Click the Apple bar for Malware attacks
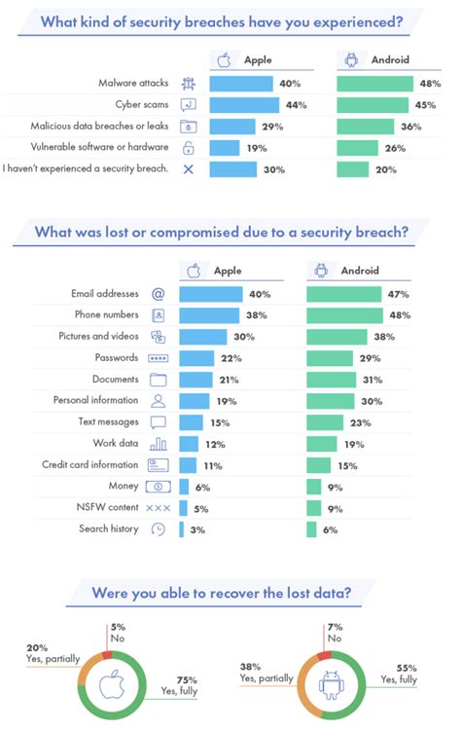pos(241,84)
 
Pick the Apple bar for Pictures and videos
pos(202,337)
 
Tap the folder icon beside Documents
pos(159,380)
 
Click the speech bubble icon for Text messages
pos(159,422)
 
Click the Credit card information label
pos(90,465)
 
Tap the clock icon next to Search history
pos(159,529)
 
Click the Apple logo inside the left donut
pos(116,685)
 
